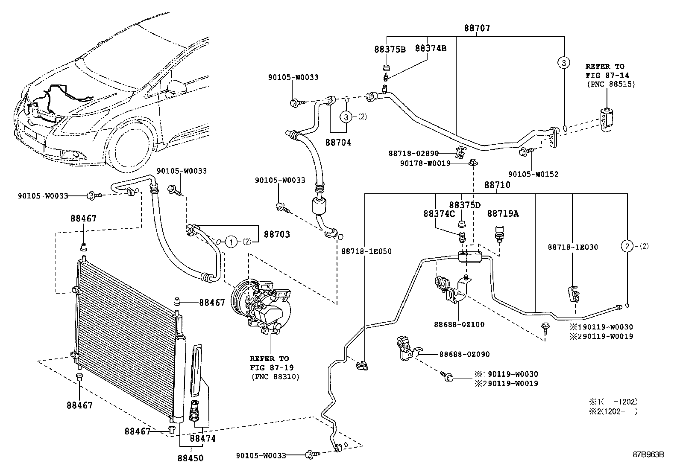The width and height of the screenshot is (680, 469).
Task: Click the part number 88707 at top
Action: click(477, 28)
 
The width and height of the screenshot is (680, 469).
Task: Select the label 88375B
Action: click(390, 49)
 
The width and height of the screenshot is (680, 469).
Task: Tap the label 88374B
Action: click(431, 49)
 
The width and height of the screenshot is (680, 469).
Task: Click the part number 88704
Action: click(338, 143)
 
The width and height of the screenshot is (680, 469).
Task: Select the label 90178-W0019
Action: click(425, 163)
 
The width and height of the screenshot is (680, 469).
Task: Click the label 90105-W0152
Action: click(533, 174)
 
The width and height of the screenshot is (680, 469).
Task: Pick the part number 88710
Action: click(497, 185)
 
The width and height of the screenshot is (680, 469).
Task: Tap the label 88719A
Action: click(503, 213)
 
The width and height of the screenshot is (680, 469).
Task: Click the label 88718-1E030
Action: click(573, 247)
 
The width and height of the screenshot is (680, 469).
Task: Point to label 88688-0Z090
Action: click(464, 354)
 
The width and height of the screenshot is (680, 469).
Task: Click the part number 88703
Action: click(276, 234)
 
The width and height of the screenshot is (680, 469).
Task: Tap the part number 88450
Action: click(191, 458)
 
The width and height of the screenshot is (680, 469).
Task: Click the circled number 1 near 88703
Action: click(231, 242)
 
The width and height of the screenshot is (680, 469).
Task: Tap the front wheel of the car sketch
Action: click(130, 148)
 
